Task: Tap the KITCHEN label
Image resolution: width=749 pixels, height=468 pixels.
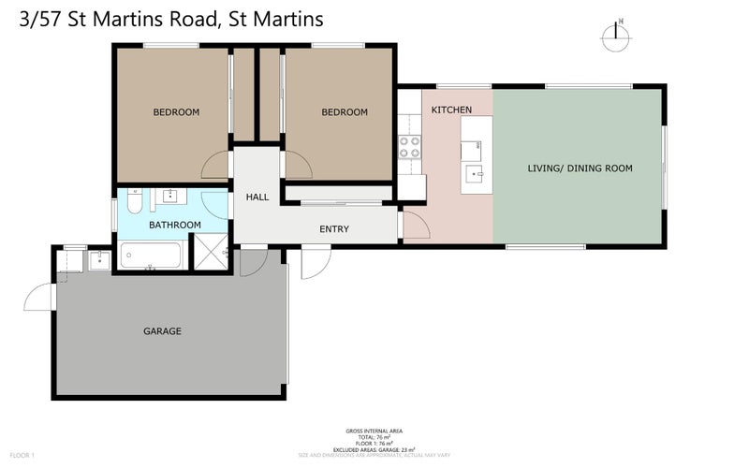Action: pos(451,110)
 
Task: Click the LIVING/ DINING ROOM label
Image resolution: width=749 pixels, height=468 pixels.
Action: pos(580,168)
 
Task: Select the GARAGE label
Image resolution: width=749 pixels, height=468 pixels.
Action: pos(162,331)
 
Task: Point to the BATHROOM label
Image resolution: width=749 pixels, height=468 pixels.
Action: pos(176,225)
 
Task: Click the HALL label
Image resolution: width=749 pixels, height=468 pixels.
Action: pos(257,197)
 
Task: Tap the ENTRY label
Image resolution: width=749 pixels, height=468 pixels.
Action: pos(334,229)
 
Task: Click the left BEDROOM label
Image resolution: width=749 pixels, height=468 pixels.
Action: pos(176,112)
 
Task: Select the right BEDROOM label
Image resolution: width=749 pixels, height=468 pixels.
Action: pos(345,112)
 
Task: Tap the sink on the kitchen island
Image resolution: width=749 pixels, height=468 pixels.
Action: pos(473,172)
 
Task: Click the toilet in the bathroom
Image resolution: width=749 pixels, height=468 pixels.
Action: pos(134,201)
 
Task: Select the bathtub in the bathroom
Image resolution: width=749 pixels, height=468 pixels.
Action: pos(151,256)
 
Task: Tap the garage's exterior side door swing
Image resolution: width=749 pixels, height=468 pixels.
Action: pos(40,298)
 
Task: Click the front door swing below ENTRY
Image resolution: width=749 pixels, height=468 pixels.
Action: pos(316,264)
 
